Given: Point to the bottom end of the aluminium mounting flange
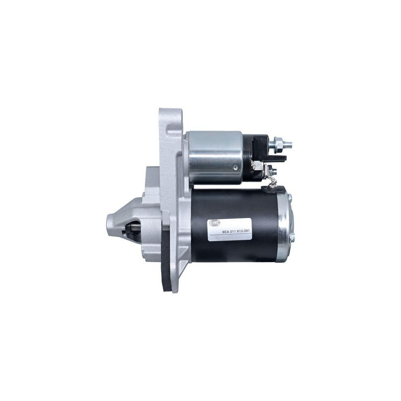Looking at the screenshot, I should [173, 291].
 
